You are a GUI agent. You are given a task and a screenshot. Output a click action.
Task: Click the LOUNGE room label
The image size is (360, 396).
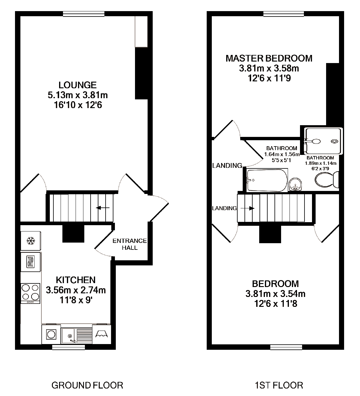click(77, 85)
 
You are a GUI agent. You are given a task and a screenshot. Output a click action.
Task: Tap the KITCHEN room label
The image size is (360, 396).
click(76, 280)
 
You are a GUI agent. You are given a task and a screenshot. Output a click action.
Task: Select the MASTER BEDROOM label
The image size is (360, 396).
click(269, 58)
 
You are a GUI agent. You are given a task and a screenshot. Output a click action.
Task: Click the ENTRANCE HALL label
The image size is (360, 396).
click(130, 244)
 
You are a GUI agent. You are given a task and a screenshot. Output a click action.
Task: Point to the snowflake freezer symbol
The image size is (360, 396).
click(30, 240)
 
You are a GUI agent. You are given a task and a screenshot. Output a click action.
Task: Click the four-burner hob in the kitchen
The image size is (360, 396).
click(30, 292)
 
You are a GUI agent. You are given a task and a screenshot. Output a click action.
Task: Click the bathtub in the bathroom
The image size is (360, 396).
click(267, 180)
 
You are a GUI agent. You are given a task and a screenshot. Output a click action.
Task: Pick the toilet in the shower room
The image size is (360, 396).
click(327, 180)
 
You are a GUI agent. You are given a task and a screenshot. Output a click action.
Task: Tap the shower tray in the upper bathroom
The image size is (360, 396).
click(323, 141)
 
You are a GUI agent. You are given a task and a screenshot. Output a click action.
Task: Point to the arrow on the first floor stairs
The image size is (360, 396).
click(247, 208)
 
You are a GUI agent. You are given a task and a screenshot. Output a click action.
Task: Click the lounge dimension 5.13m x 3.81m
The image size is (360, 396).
click(78, 95)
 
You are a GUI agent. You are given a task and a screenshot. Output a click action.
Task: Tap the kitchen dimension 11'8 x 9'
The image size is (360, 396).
click(76, 300)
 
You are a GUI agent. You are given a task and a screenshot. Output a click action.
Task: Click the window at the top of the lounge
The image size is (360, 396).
click(84, 14)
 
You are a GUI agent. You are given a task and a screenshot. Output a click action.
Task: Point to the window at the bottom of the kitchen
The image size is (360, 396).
click(68, 347)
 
